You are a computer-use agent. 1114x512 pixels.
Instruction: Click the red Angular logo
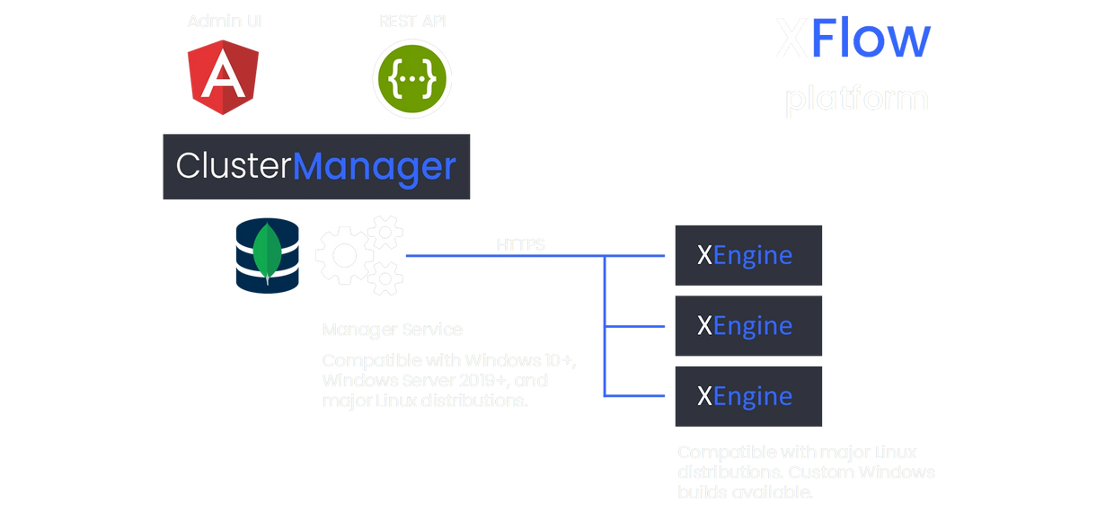pyautogui.click(x=224, y=78)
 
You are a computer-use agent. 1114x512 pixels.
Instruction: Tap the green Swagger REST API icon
pyautogui.click(x=412, y=78)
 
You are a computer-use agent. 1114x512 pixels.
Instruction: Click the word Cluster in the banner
pyautogui.click(x=234, y=167)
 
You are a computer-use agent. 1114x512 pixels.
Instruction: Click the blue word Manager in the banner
pyautogui.click(x=375, y=167)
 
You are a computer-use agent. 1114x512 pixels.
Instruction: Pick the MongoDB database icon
pyautogui.click(x=267, y=255)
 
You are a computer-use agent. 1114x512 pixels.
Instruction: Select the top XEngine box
pyautogui.click(x=748, y=256)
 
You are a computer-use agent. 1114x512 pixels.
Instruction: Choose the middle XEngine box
pyautogui.click(x=748, y=325)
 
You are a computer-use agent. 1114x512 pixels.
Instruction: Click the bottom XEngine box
pyautogui.click(x=748, y=395)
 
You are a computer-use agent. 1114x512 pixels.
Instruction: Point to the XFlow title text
pyautogui.click(x=853, y=40)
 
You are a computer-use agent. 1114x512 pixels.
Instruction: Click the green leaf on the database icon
pyautogui.click(x=267, y=252)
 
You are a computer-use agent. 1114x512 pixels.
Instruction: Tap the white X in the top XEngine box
pyautogui.click(x=705, y=256)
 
